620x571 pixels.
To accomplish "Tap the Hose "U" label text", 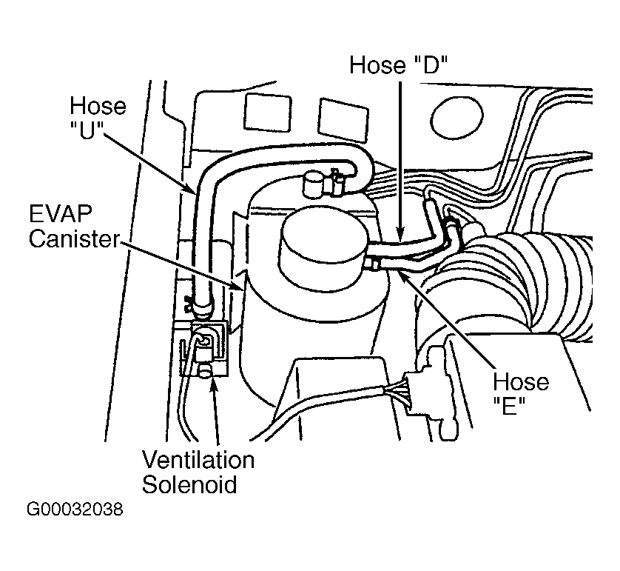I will (98, 117).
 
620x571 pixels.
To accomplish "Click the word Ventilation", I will (198, 461).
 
